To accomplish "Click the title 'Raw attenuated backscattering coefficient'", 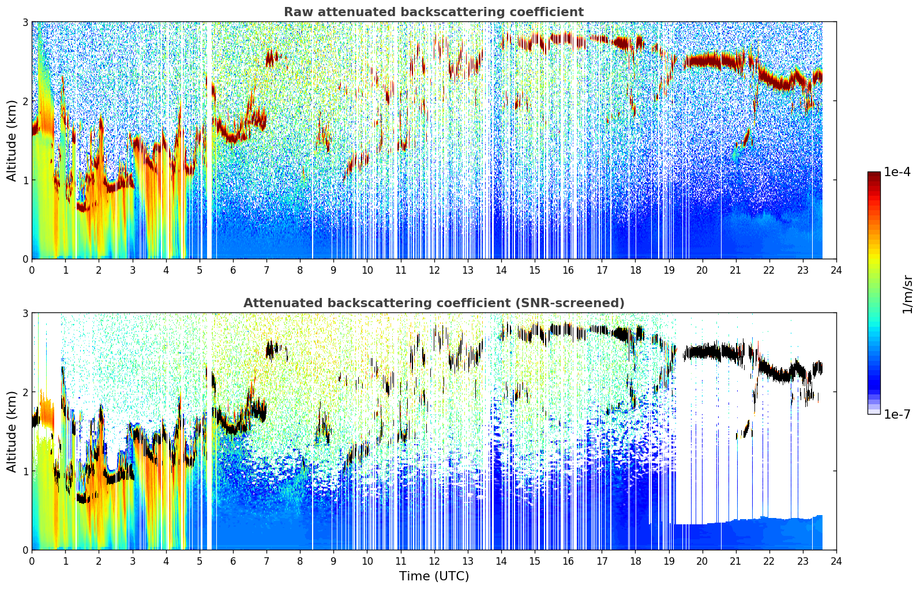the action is pyautogui.click(x=434, y=12).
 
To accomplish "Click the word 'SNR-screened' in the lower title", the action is pyautogui.click(x=568, y=303).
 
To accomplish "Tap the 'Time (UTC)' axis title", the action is pyautogui.click(x=434, y=576).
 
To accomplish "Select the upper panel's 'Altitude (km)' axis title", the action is pyautogui.click(x=12, y=141).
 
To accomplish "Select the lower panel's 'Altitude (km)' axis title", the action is pyautogui.click(x=12, y=431).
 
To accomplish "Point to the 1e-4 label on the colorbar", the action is pyautogui.click(x=897, y=172).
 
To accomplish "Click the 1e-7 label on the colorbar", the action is pyautogui.click(x=897, y=414).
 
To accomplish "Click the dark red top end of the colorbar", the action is pyautogui.click(x=874, y=173).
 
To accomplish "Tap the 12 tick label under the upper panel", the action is pyautogui.click(x=434, y=270).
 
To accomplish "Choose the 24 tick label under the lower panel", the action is pyautogui.click(x=836, y=561).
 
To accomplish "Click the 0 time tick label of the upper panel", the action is pyautogui.click(x=32, y=270).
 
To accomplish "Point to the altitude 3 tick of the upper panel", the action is pyautogui.click(x=25, y=22).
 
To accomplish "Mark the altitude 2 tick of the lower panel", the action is pyautogui.click(x=25, y=392).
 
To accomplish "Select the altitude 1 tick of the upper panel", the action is pyautogui.click(x=25, y=180).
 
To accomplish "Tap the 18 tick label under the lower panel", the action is pyautogui.click(x=636, y=561).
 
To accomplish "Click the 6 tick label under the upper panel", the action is pyautogui.click(x=233, y=270).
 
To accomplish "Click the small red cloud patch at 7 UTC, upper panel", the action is pyautogui.click(x=271, y=58).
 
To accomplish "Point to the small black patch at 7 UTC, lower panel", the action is pyautogui.click(x=271, y=349).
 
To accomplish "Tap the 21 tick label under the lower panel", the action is pyautogui.click(x=735, y=561).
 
